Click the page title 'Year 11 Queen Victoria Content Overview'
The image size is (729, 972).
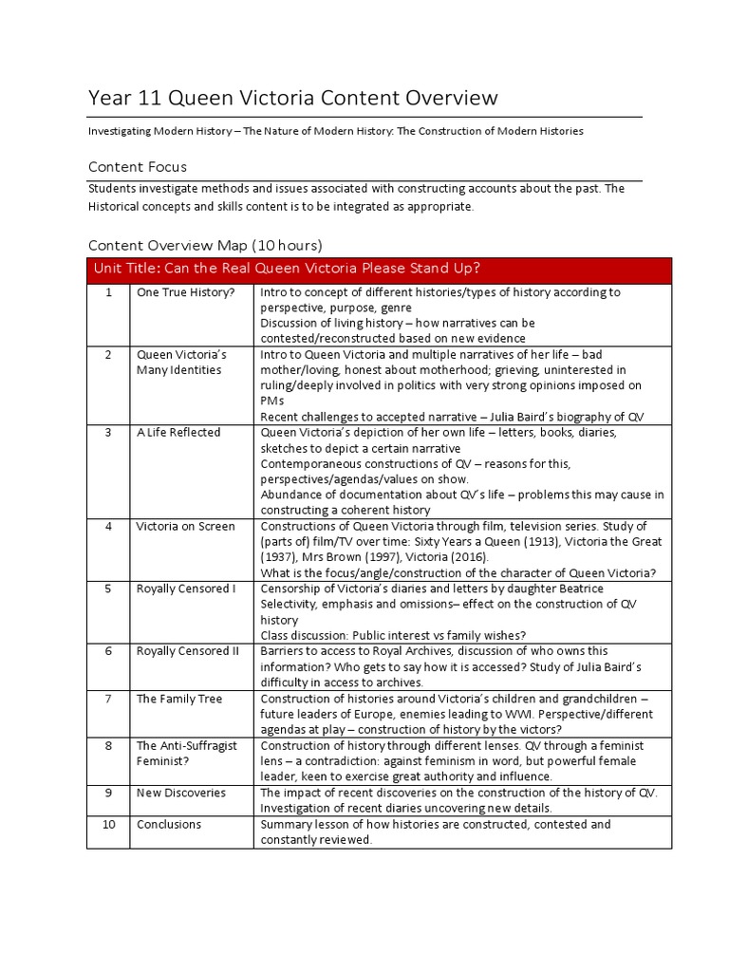point(292,97)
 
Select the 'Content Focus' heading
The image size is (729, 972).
point(138,167)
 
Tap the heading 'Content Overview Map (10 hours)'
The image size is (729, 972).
point(205,245)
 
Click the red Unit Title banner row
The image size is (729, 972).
point(379,269)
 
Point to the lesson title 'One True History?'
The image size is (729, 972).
point(184,292)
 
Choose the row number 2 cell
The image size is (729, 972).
point(109,354)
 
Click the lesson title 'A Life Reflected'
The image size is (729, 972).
point(178,432)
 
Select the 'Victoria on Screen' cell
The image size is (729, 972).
point(186,526)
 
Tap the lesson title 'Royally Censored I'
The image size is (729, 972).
point(186,589)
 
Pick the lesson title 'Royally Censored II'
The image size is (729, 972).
point(188,651)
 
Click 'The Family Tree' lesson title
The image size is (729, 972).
point(179,699)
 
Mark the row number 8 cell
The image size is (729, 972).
point(109,745)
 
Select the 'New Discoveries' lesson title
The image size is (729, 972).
point(182,793)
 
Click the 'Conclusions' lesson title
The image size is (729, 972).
point(169,824)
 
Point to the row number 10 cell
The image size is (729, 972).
point(109,824)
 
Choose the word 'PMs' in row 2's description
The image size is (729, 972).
point(271,401)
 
